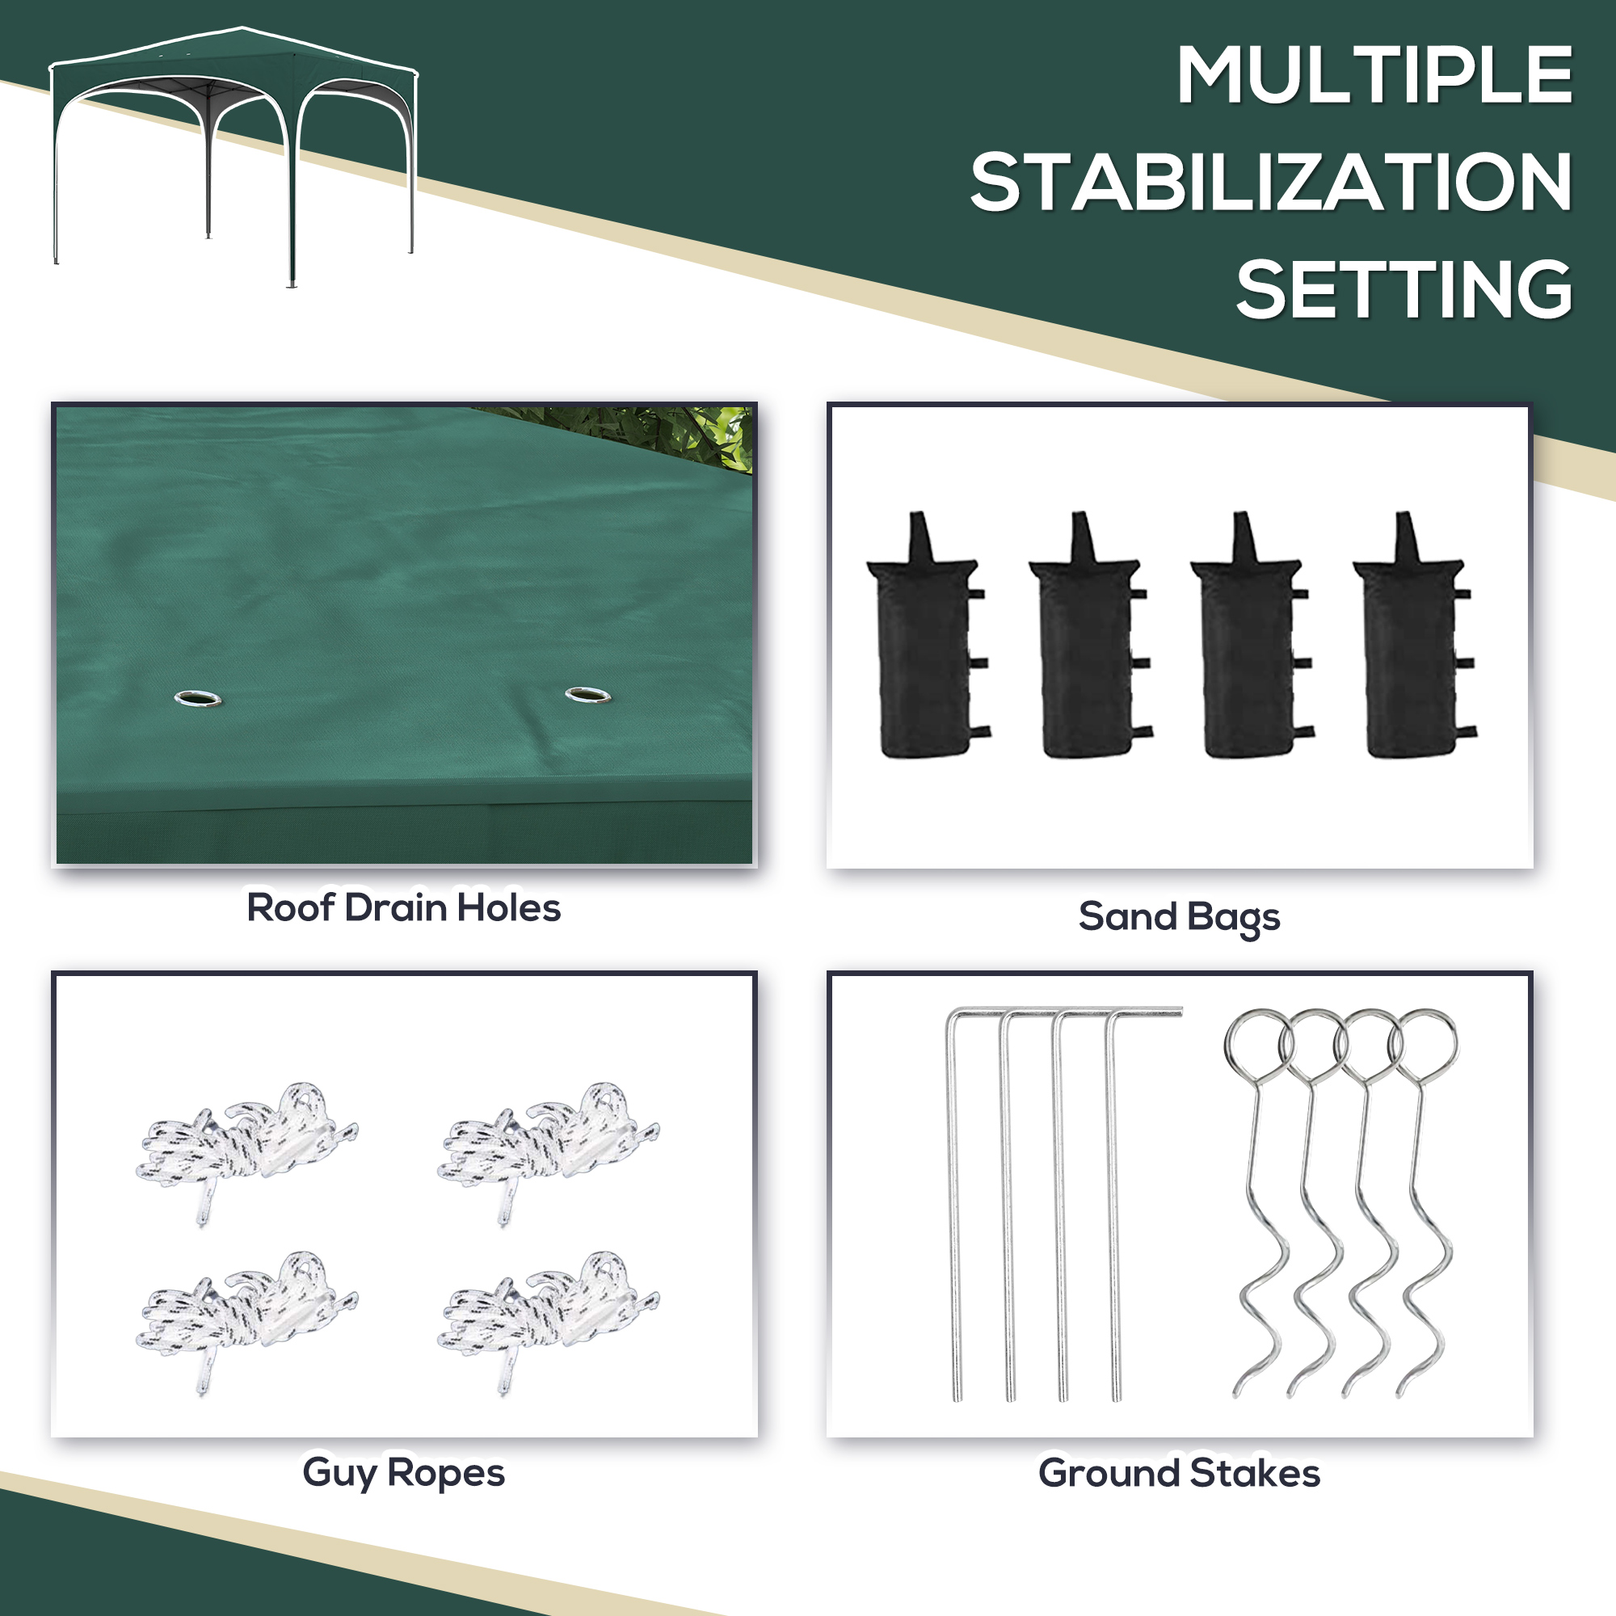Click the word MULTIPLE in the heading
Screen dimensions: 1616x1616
[x=1374, y=75]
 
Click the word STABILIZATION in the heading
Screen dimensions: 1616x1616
[x=1271, y=183]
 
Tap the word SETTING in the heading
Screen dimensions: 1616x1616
[x=1404, y=289]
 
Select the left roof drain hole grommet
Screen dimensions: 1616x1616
[x=198, y=697]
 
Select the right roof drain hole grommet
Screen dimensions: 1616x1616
[x=587, y=694]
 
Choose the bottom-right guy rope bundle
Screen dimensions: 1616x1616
[x=549, y=1317]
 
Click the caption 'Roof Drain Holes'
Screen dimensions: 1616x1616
[x=403, y=908]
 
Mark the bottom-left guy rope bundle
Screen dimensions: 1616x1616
[x=247, y=1317]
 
